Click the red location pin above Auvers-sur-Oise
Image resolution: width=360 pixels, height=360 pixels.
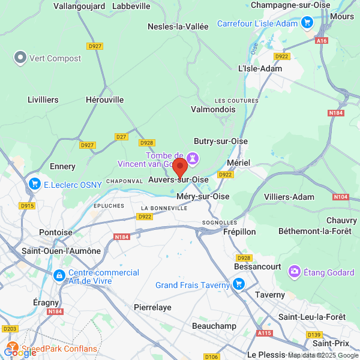pyautogui.click(x=180, y=166)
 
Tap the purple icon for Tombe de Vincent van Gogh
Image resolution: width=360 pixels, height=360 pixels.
pyautogui.click(x=193, y=158)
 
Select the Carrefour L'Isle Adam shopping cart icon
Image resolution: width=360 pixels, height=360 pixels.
pyautogui.click(x=307, y=23)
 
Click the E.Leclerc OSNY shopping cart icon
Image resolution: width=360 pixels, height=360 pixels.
pyautogui.click(x=34, y=184)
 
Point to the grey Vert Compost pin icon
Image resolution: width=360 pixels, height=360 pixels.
pyautogui.click(x=20, y=58)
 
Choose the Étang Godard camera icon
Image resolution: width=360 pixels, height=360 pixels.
pyautogui.click(x=295, y=272)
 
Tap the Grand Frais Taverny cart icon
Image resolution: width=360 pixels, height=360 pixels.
pyautogui.click(x=239, y=284)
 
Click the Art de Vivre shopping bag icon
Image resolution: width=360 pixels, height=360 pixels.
pyautogui.click(x=59, y=276)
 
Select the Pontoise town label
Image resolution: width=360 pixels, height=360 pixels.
pyautogui.click(x=55, y=232)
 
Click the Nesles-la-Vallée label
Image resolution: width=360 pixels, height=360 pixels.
pyautogui.click(x=178, y=26)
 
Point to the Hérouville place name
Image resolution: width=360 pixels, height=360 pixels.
pyautogui.click(x=104, y=100)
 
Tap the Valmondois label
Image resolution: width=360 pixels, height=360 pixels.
pyautogui.click(x=213, y=110)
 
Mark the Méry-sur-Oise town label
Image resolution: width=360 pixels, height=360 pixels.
pyautogui.click(x=203, y=196)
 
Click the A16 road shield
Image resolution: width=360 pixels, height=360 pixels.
pyautogui.click(x=322, y=41)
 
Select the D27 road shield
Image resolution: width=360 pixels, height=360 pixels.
pyautogui.click(x=122, y=137)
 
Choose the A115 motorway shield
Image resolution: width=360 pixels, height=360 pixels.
pyautogui.click(x=264, y=333)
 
